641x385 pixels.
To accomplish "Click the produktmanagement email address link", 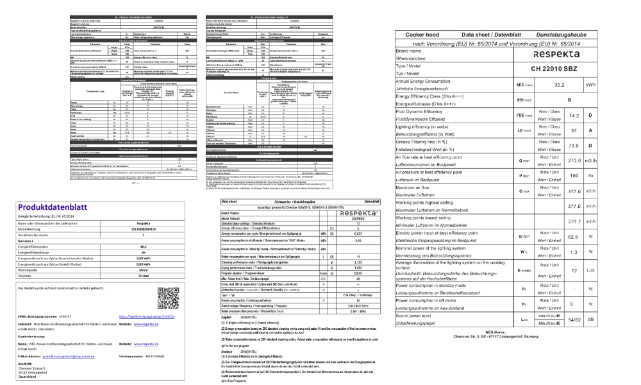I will [71, 355].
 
